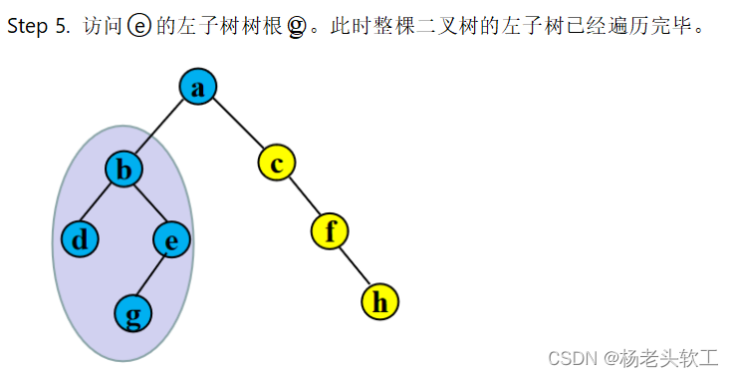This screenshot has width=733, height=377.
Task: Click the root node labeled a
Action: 198,88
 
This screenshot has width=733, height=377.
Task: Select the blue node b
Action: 124,171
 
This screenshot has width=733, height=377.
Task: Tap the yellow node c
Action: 277,162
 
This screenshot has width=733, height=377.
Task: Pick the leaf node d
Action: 80,239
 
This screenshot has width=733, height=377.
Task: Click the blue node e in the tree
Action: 171,239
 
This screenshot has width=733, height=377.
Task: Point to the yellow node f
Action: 330,231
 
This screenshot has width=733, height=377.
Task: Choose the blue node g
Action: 132,314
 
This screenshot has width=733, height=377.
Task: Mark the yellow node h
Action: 379,300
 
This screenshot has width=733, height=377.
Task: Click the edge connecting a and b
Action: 161,129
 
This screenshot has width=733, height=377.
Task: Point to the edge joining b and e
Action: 148,205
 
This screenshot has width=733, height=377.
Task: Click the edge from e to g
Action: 152,276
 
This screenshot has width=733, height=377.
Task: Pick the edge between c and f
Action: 304,196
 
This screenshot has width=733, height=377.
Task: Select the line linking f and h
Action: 355,266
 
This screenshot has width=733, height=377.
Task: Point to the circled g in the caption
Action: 297,27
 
